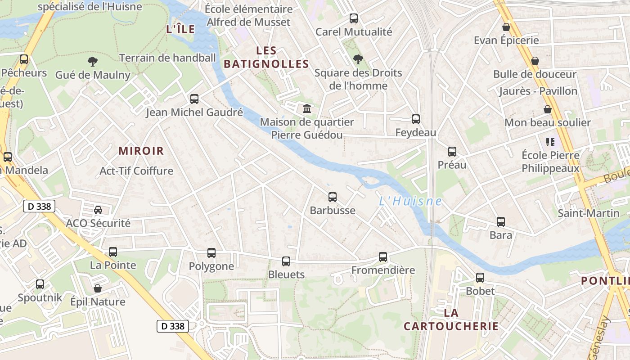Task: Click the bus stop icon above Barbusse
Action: pyautogui.click(x=333, y=197)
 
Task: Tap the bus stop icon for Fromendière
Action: pyautogui.click(x=383, y=257)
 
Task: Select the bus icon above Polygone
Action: pyautogui.click(x=211, y=253)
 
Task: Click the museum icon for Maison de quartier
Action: pyautogui.click(x=307, y=108)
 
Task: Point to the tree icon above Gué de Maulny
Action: pyautogui.click(x=93, y=62)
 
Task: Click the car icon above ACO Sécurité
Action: pyautogui.click(x=98, y=210)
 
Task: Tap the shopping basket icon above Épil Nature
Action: pyautogui.click(x=98, y=288)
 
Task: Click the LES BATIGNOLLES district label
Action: pyautogui.click(x=266, y=57)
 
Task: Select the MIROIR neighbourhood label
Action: pyautogui.click(x=141, y=151)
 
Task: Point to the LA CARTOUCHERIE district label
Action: pyautogui.click(x=451, y=319)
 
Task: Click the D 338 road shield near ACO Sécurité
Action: pyautogui.click(x=39, y=207)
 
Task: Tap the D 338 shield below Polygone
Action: pyautogui.click(x=173, y=326)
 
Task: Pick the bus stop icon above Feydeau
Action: pyautogui.click(x=416, y=119)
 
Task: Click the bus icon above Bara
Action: pyautogui.click(x=501, y=222)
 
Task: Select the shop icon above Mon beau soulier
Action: pyautogui.click(x=548, y=109)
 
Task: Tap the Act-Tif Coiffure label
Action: pyautogui.click(x=136, y=171)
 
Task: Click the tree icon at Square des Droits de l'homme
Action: pyautogui.click(x=358, y=59)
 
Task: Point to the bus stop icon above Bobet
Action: pyautogui.click(x=480, y=278)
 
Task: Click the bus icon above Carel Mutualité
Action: pyautogui.click(x=354, y=18)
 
